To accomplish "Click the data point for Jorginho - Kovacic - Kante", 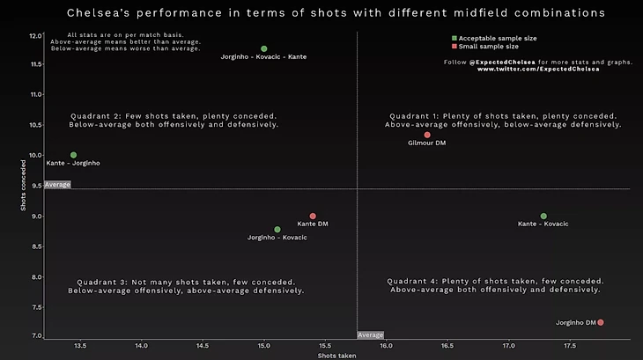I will point(264,49).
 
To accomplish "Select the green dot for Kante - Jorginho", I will point(73,155).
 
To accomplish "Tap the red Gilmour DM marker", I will point(427,135).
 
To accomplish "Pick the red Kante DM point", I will point(313,216).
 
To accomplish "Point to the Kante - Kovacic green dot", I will point(543,216).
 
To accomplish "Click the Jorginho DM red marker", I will point(601,322).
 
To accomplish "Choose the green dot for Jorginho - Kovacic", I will point(277,230).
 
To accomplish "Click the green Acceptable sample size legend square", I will point(455,39).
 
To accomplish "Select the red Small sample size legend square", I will point(455,47).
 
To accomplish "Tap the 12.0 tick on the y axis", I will point(34,36).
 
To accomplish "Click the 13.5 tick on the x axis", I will point(80,346).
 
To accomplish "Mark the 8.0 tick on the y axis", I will point(34,277).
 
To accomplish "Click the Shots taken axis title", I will point(336,356).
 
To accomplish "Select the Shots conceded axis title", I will point(24,185).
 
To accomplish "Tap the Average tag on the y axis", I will point(57,185).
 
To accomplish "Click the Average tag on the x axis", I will point(371,334).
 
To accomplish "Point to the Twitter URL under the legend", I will point(538,70).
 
